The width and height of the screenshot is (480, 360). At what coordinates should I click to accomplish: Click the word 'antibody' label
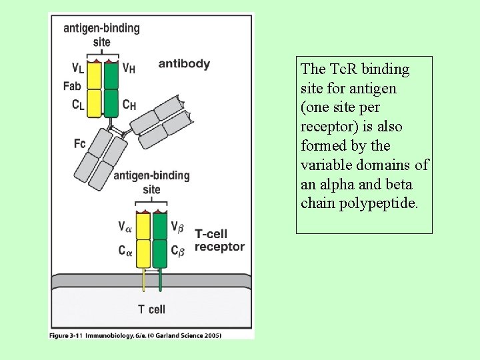184,64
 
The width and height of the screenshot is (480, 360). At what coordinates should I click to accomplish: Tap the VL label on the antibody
78,67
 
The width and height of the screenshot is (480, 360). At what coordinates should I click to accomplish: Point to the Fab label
73,85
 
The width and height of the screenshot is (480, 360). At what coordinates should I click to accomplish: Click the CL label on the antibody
78,105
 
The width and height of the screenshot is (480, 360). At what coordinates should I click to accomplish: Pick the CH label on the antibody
129,105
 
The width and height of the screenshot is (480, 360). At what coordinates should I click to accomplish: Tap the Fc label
80,143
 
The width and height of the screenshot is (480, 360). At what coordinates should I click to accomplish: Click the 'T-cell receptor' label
219,240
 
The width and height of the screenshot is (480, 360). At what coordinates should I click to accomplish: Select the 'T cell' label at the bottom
151,309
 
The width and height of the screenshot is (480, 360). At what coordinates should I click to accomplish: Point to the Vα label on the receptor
125,227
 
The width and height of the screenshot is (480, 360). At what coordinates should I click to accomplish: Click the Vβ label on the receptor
177,227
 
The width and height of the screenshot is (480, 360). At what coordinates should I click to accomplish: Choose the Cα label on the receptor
125,251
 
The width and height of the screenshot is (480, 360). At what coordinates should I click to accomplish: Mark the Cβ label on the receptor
177,251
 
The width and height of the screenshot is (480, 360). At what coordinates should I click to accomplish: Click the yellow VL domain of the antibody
94,75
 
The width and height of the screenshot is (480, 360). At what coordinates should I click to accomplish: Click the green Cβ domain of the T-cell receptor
159,253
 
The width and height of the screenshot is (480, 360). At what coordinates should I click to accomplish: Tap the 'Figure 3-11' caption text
64,335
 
